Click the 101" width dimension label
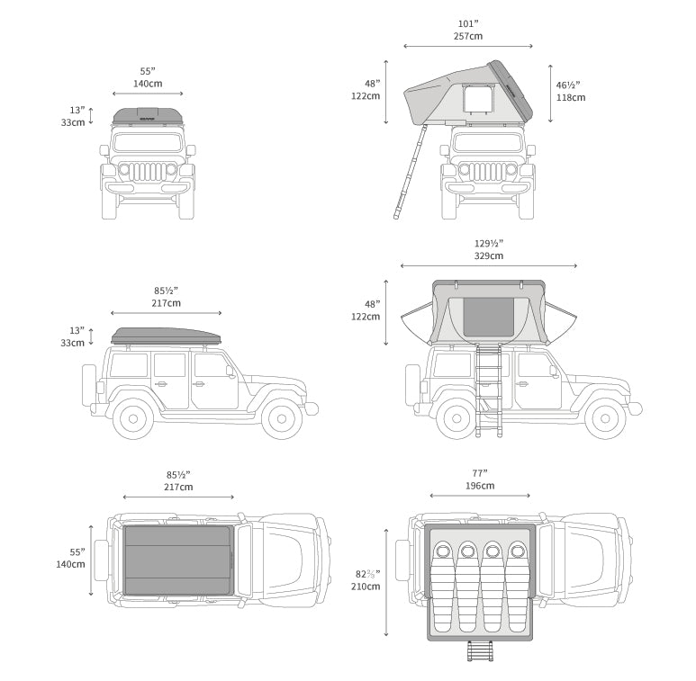(467, 24)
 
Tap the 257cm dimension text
(467, 37)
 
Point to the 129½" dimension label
(489, 244)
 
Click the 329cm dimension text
(489, 256)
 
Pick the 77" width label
(479, 473)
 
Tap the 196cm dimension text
(479, 486)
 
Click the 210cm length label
(366, 587)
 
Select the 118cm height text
(570, 97)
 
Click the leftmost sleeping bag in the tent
(441, 585)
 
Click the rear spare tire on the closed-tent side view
(88, 385)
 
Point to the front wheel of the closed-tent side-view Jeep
(282, 417)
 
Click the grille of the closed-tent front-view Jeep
(148, 172)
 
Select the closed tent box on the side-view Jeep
(167, 336)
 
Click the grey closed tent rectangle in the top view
(178, 560)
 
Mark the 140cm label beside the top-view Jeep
(71, 565)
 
